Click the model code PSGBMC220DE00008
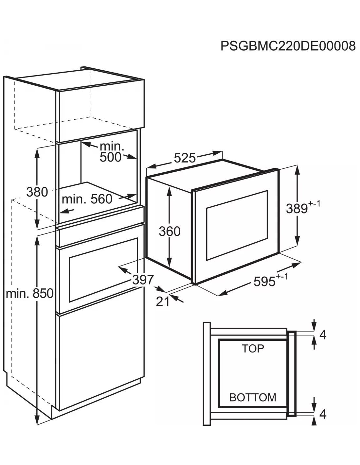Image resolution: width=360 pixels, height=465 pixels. click(288, 46)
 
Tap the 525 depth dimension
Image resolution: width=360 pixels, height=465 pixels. click(185, 158)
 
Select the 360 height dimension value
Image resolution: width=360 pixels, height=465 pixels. click(170, 231)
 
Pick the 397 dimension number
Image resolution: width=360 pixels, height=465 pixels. click(143, 280)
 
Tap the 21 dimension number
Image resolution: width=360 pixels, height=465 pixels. click(163, 301)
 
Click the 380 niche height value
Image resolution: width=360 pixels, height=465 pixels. click(37, 192)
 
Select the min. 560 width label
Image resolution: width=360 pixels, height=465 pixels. click(87, 199)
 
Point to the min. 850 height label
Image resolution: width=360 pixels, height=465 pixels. click(29, 293)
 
